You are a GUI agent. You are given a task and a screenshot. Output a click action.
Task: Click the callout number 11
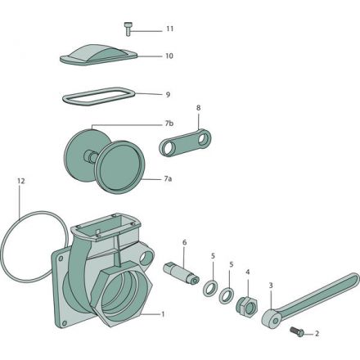170,29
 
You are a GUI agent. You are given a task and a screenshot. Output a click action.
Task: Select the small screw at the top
128,29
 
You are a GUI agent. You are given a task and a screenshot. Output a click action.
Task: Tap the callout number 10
169,56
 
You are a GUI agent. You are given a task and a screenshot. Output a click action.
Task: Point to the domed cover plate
98,55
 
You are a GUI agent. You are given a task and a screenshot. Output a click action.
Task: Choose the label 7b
169,124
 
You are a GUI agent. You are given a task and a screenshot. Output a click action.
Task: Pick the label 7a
168,179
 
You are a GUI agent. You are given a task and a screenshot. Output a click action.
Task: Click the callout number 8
198,108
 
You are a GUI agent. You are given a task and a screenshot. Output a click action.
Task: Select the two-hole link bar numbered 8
185,142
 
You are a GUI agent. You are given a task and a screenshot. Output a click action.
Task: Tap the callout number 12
21,181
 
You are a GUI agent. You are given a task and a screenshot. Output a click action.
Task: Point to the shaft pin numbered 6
181,273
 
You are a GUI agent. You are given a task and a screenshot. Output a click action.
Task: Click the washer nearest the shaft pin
210,287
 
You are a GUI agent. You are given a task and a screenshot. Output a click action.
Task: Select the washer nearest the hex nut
227,295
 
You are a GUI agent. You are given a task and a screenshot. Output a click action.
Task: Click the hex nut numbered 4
246,306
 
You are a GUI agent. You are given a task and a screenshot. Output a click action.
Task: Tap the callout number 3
271,286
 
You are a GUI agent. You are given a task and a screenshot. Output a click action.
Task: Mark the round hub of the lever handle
271,318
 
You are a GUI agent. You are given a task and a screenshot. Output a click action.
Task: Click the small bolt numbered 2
297,331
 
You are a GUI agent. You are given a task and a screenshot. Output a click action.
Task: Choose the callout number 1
163,314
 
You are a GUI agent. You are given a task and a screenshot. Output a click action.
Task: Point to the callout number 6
184,242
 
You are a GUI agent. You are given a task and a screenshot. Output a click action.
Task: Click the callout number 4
248,272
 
